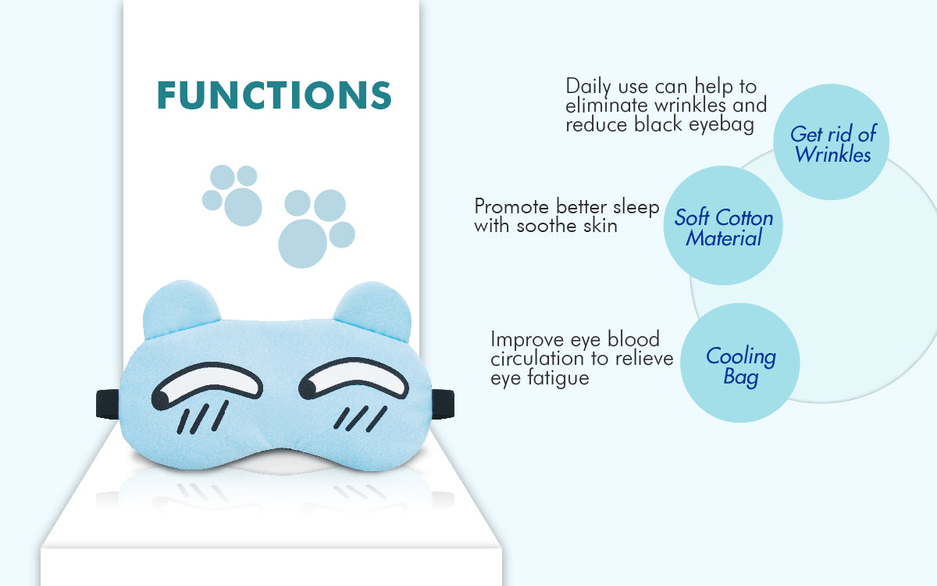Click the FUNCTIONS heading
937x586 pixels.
274,95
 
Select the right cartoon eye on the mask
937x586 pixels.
354,379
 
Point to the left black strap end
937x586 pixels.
108,404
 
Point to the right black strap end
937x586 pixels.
443,403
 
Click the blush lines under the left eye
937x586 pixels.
203,417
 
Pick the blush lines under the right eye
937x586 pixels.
360,418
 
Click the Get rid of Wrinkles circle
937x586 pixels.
831,142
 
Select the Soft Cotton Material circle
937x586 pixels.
723,225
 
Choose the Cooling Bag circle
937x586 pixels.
740,363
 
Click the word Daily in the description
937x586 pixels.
589,87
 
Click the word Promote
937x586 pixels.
511,207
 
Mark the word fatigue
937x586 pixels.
558,378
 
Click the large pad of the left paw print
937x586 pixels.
243,207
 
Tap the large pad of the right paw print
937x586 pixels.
302,244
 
